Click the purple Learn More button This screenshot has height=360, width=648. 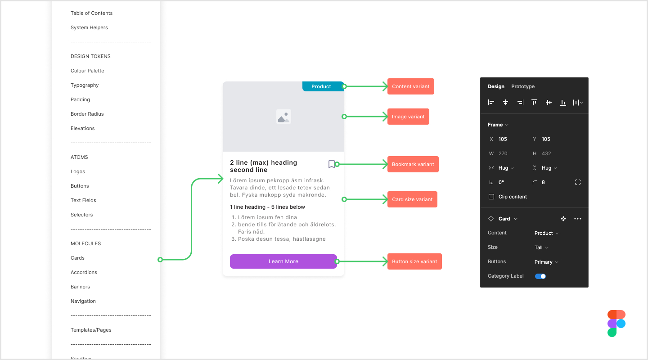283,261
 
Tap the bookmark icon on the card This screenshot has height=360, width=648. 331,164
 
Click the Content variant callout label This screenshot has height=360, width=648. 410,86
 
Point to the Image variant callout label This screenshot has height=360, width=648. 408,117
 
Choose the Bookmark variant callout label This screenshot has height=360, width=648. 413,164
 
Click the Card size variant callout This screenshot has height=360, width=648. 412,199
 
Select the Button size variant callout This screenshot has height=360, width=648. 414,261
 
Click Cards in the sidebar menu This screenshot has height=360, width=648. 77,258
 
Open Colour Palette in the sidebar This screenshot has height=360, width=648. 87,71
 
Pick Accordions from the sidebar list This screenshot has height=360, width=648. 84,272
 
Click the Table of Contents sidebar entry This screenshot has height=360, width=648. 91,13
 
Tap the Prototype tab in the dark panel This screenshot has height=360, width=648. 522,86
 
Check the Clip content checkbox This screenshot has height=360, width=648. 491,197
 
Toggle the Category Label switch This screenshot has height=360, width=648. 540,276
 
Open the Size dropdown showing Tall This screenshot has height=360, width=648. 541,247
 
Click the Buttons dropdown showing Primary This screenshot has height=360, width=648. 546,262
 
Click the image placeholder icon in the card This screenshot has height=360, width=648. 283,117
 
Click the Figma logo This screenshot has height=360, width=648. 616,323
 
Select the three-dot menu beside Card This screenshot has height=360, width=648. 578,219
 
